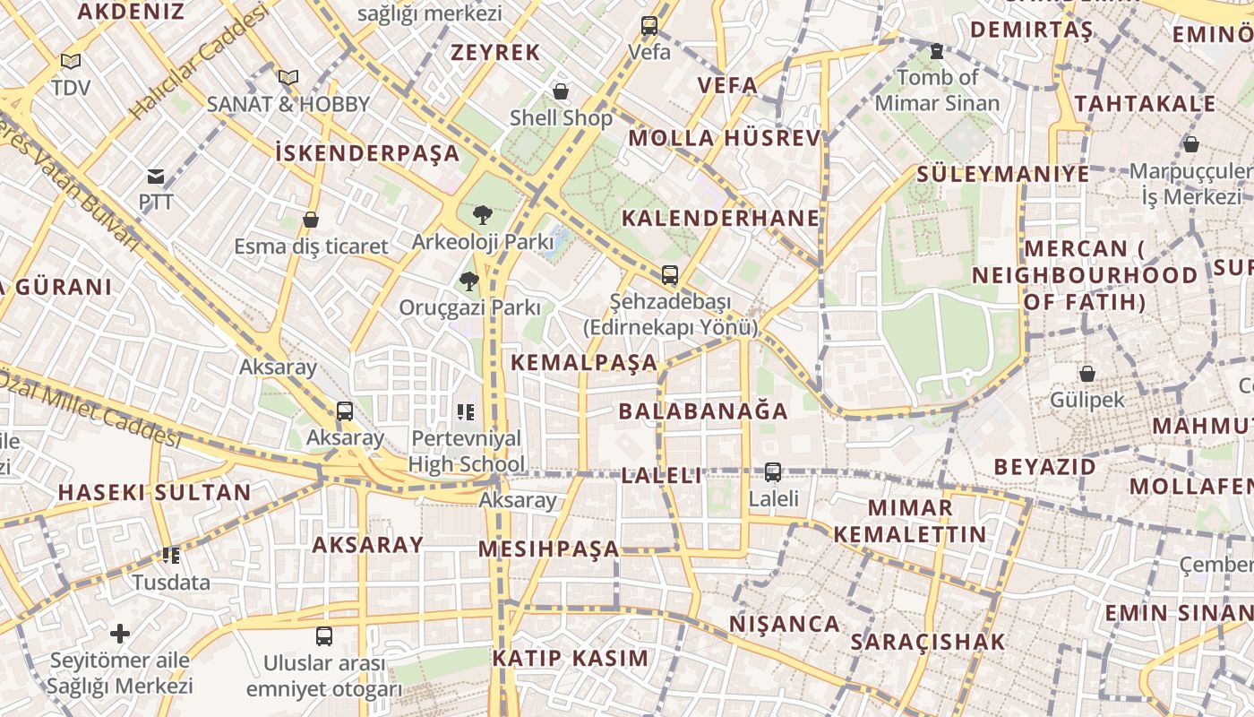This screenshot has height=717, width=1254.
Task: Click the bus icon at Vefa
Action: click(649, 26)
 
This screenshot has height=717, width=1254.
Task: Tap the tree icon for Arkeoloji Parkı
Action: click(483, 215)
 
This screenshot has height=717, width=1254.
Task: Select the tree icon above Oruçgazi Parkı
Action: click(468, 281)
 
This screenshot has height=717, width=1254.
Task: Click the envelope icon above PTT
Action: click(156, 177)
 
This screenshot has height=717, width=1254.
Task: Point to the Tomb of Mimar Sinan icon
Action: click(937, 52)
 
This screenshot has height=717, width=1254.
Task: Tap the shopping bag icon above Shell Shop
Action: click(561, 91)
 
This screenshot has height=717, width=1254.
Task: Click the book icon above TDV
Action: click(71, 62)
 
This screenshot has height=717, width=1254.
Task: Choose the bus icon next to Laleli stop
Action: click(773, 471)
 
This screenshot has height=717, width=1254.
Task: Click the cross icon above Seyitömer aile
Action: click(120, 634)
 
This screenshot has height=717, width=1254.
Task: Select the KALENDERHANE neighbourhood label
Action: click(721, 218)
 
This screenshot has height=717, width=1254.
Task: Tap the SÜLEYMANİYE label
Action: click(1003, 174)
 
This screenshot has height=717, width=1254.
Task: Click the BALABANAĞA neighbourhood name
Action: click(703, 411)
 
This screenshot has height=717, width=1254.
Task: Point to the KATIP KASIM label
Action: click(570, 658)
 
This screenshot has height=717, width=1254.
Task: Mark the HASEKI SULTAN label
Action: click(155, 492)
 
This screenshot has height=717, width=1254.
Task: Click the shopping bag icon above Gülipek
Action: click(1087, 374)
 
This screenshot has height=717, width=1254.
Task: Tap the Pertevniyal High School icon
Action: click(466, 412)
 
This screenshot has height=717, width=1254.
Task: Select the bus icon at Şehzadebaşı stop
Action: click(670, 275)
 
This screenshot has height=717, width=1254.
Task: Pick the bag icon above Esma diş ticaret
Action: click(311, 220)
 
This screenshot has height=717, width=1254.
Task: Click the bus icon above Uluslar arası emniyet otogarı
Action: click(324, 636)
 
